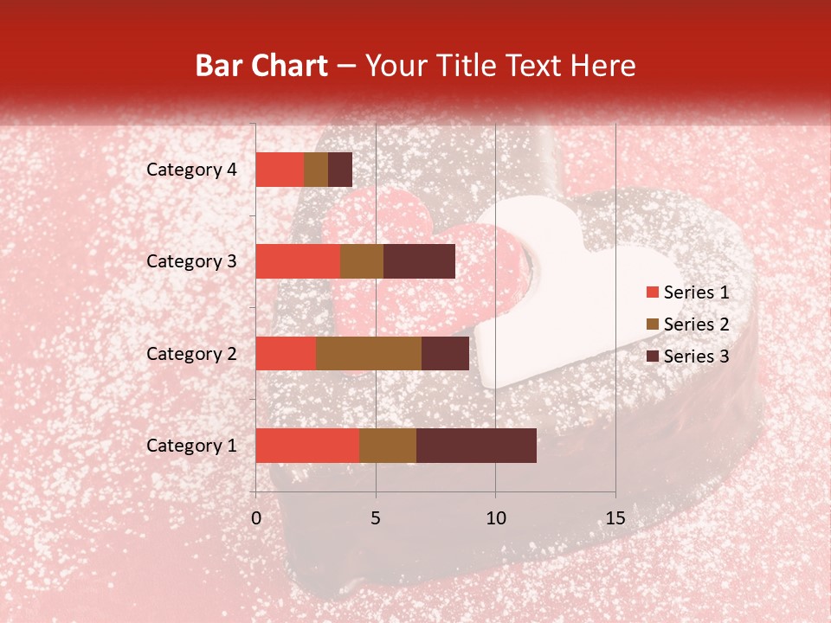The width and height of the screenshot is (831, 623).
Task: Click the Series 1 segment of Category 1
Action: [307, 446]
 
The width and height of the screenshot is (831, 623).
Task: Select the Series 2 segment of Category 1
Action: [388, 446]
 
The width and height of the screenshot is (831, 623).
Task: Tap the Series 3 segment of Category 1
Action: [476, 446]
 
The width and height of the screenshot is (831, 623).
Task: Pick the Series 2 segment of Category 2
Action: [369, 353]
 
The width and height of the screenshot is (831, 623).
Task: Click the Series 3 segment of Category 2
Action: [445, 353]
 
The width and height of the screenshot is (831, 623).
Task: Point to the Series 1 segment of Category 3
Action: [298, 261]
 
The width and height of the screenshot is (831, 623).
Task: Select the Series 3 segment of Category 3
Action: [419, 261]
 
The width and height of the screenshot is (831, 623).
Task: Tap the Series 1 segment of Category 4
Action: [280, 170]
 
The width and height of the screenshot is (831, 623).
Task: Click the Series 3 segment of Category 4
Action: [340, 170]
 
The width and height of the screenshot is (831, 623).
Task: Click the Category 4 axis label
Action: [191, 170]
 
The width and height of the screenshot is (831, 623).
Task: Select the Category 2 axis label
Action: [191, 353]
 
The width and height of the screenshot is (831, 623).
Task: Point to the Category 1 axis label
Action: [191, 446]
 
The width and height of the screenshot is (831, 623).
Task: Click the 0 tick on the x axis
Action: [256, 518]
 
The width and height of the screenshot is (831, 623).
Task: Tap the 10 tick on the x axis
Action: [495, 518]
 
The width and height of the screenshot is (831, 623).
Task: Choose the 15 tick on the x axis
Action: [615, 518]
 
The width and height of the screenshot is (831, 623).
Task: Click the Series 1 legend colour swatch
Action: [652, 292]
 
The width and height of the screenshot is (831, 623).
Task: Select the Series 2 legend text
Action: [696, 324]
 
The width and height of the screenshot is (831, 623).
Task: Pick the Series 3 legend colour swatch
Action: [652, 356]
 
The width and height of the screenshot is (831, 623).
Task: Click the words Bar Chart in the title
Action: [261, 66]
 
